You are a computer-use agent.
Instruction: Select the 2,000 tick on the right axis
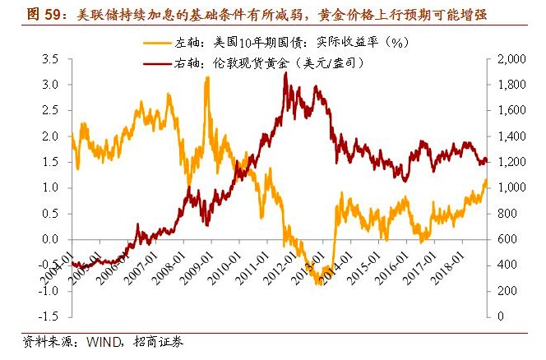[x=515, y=59]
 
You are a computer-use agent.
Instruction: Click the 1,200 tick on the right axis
[x=515, y=162]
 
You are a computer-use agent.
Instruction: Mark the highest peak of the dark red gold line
[x=285, y=73]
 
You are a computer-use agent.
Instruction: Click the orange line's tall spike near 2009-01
[x=206, y=77]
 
